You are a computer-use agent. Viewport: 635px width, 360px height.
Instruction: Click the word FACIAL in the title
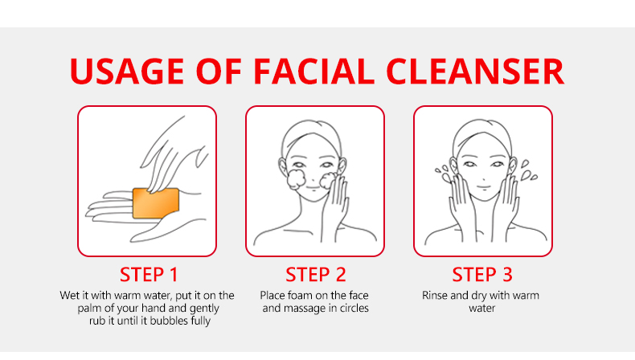coord(313,72)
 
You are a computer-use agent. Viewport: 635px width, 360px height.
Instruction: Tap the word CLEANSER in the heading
coord(475,72)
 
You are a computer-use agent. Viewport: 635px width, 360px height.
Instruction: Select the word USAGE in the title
coord(127,72)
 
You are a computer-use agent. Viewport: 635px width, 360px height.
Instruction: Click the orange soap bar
coord(156,202)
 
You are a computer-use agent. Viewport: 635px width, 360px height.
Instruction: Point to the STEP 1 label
coord(149,275)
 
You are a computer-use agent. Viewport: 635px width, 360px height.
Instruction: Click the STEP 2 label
coord(315,275)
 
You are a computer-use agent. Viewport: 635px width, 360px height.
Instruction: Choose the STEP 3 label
coord(482,275)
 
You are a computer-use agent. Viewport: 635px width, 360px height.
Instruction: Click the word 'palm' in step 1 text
coord(88,309)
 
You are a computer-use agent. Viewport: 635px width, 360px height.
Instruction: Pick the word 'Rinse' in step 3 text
coord(435,296)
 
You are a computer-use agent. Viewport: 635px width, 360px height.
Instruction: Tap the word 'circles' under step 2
coord(354,308)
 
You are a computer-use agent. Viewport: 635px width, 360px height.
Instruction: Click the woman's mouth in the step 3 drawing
coord(483,186)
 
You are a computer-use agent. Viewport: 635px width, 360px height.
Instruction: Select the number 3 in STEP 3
coord(507,275)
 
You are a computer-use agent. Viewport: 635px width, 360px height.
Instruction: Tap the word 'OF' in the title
coord(219,72)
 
